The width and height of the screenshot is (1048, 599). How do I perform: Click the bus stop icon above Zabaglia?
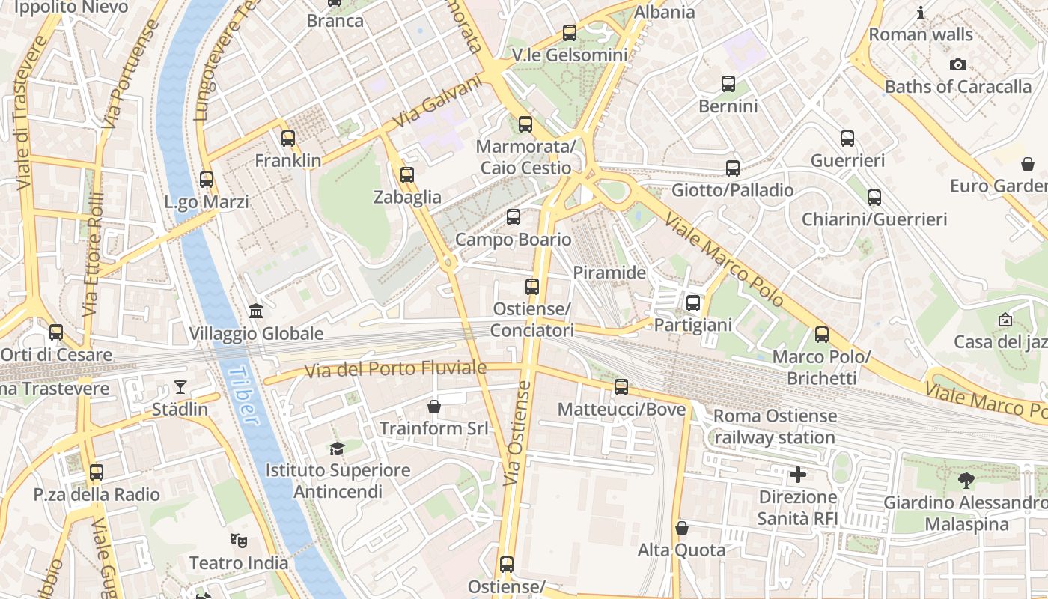point(407,175)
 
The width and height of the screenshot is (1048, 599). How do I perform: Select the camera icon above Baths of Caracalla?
point(957,65)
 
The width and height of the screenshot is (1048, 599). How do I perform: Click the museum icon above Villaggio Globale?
point(256,311)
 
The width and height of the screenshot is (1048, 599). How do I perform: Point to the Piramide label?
point(609,273)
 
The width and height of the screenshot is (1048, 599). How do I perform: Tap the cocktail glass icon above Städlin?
point(180,387)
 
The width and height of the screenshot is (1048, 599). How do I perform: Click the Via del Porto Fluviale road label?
point(395,369)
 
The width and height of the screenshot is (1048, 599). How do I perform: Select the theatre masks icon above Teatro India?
point(238,540)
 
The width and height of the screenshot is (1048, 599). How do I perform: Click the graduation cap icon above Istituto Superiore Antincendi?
point(338,449)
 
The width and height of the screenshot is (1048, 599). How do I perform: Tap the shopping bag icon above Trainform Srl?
point(433,407)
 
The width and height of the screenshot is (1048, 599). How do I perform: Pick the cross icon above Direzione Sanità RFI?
point(798,475)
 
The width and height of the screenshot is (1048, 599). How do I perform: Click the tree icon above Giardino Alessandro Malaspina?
point(966,480)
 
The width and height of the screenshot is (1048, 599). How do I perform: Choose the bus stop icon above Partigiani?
point(693,303)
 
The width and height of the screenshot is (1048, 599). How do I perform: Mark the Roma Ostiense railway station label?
point(775,426)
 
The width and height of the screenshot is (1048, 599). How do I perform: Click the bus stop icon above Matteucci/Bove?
point(621,387)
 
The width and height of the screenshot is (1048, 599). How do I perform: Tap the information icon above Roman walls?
point(921,13)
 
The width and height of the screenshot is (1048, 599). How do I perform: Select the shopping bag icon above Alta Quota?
point(681,528)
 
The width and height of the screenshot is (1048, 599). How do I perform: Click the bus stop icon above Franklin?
point(288,139)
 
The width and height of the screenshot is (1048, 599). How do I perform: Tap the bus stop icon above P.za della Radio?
point(96,472)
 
